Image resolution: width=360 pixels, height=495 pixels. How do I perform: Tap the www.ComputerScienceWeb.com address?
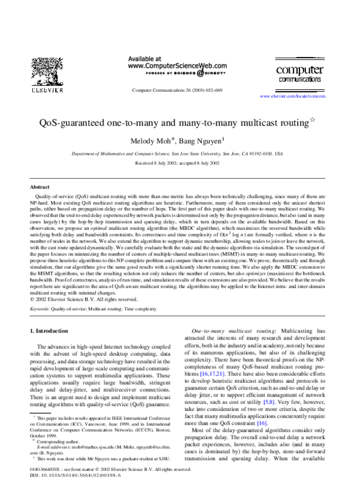coord(177,67)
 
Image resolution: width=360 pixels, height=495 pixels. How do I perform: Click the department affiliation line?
coord(177,154)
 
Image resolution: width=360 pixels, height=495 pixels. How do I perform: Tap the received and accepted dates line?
coord(177,163)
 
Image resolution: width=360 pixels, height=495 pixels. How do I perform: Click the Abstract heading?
coord(40,187)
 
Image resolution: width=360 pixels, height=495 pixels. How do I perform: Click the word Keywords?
coord(40,308)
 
